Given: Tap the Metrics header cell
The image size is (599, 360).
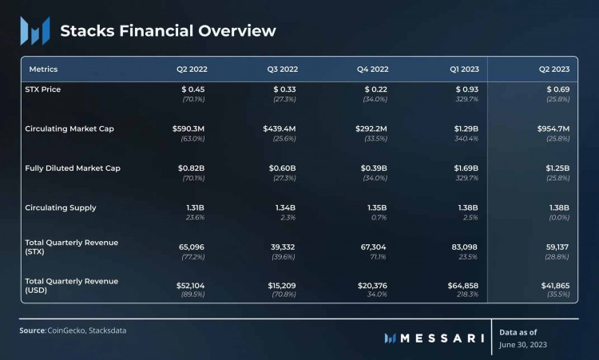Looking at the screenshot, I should pyautogui.click(x=43, y=69).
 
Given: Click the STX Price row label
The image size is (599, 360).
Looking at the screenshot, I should pyautogui.click(x=43, y=89).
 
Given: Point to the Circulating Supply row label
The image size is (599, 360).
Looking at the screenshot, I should pyautogui.click(x=61, y=208).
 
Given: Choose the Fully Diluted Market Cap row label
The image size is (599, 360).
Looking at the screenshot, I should pyautogui.click(x=73, y=168).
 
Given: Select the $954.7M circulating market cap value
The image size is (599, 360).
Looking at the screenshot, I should pyautogui.click(x=553, y=129).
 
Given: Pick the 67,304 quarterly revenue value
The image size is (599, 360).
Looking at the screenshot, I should pyautogui.click(x=374, y=247).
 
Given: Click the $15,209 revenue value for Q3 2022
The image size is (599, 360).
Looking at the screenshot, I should pyautogui.click(x=280, y=285).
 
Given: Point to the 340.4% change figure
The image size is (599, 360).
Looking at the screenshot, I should pyautogui.click(x=466, y=138).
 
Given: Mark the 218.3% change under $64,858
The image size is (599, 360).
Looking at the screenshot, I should pyautogui.click(x=466, y=295).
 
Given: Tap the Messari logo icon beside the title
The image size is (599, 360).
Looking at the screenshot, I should pyautogui.click(x=34, y=30).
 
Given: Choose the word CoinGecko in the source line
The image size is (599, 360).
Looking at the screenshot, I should pyautogui.click(x=69, y=330).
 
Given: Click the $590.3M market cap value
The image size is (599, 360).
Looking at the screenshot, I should pyautogui.click(x=188, y=129).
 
